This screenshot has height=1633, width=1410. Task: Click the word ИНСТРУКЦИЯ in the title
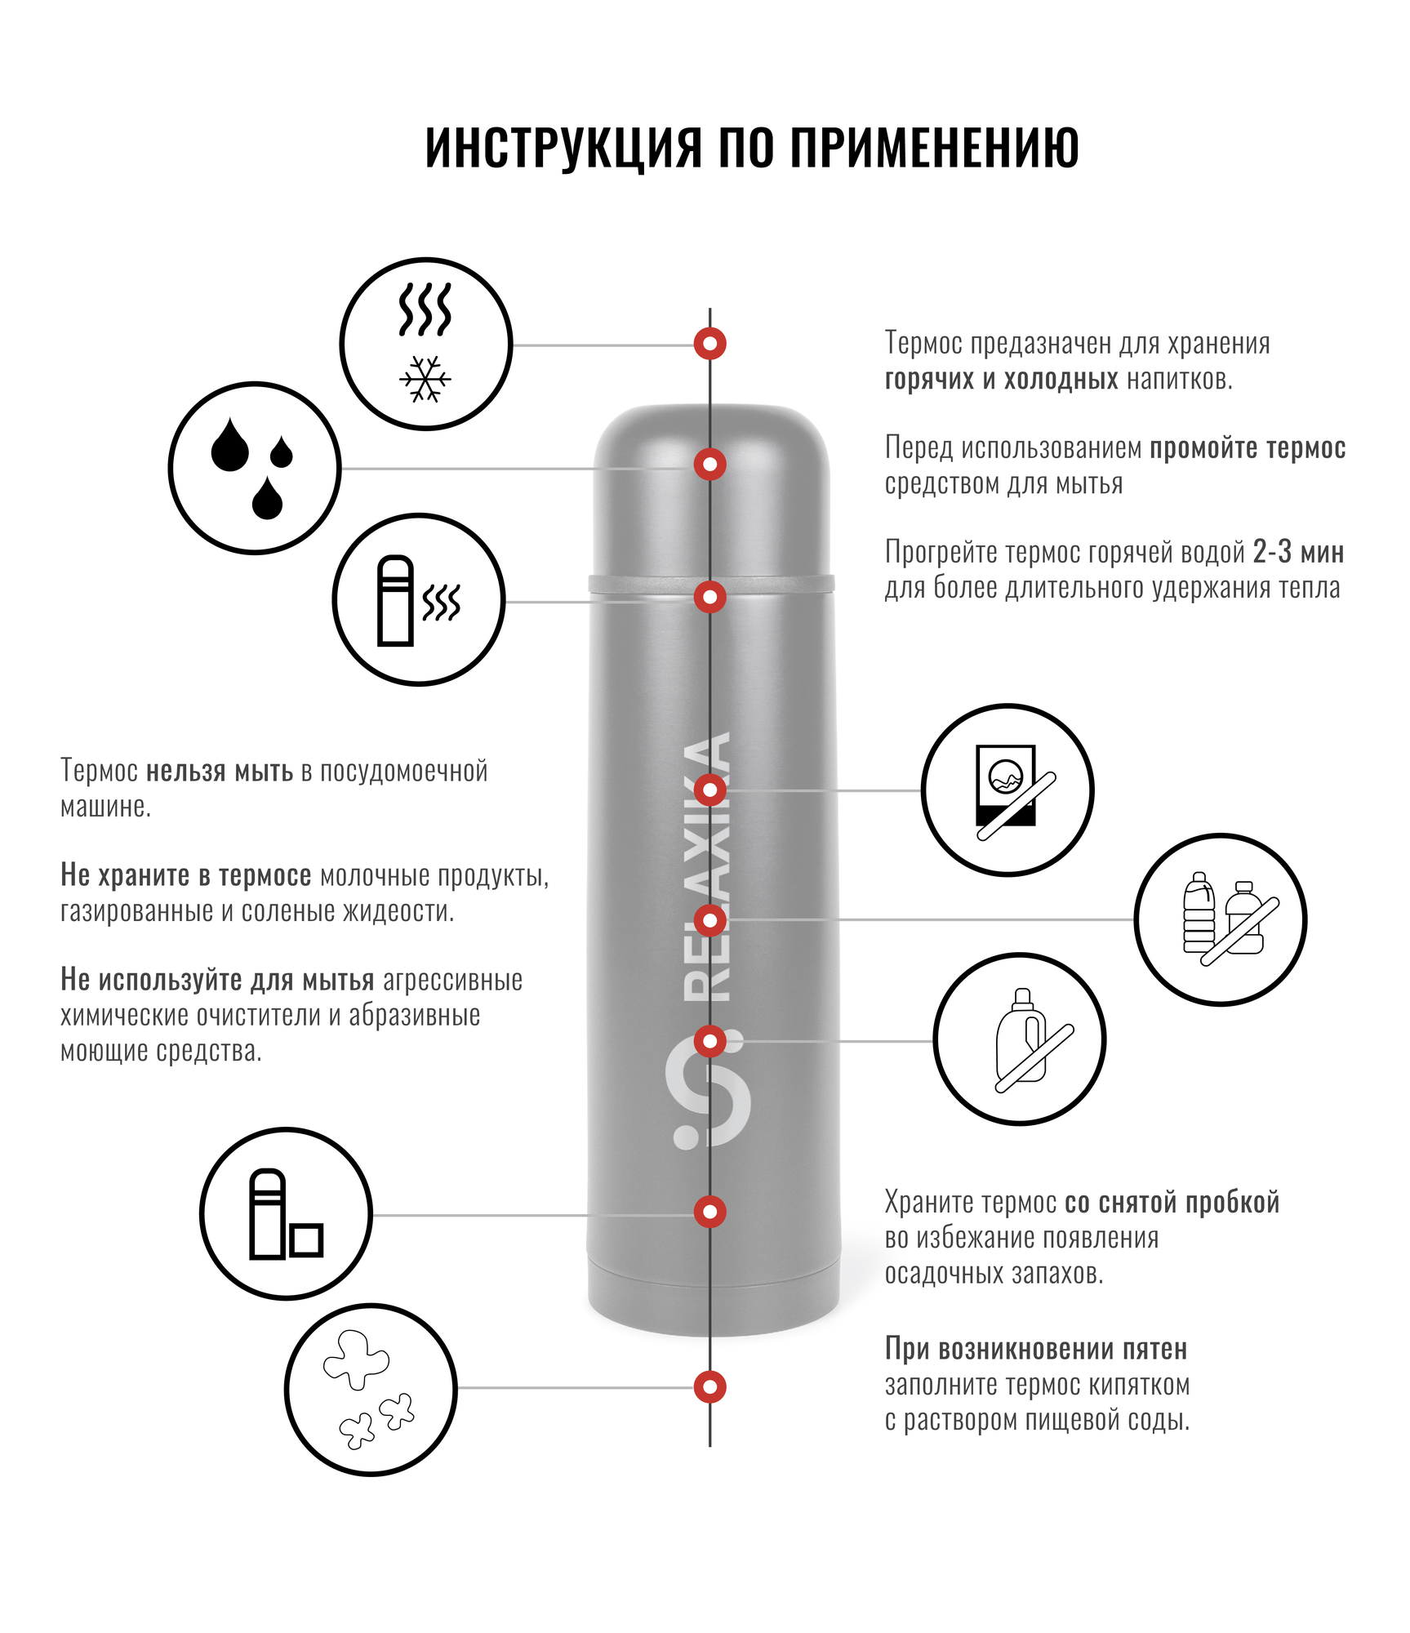(x=563, y=148)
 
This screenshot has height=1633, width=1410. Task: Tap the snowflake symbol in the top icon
(x=425, y=379)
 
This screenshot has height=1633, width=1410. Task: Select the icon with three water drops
(x=254, y=468)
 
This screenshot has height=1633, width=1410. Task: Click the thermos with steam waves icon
(x=418, y=600)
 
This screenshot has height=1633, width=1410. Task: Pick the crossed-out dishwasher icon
(x=1007, y=790)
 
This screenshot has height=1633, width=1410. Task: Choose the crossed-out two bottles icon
(x=1221, y=920)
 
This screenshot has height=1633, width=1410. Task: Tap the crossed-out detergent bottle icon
(x=1020, y=1039)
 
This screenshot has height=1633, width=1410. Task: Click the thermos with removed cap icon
(x=286, y=1214)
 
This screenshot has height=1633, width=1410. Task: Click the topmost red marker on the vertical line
(x=710, y=344)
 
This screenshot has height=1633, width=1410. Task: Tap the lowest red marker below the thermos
(x=710, y=1386)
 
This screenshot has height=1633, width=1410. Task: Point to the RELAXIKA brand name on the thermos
(x=707, y=866)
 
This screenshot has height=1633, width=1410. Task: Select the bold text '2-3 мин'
(x=1298, y=553)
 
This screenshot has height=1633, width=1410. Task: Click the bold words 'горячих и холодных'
(x=1001, y=380)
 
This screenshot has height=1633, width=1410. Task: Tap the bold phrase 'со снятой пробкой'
(x=1172, y=1203)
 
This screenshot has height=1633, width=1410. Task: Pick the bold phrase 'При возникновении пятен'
(x=1035, y=1349)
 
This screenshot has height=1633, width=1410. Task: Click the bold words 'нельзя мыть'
(x=219, y=771)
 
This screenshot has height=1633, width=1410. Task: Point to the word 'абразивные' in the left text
(x=414, y=1016)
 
